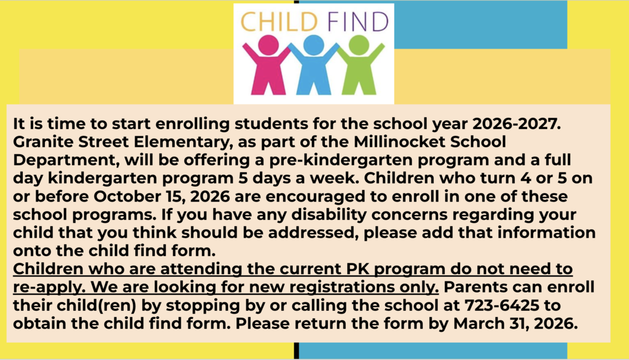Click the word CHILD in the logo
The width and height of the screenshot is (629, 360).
point(279,22)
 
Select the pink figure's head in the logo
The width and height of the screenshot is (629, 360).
point(268,45)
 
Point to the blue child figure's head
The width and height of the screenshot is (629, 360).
point(313,45)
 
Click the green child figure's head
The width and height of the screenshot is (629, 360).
point(359,45)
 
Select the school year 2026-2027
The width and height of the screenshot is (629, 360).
point(516,123)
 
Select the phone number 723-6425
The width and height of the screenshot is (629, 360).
point(502,305)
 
